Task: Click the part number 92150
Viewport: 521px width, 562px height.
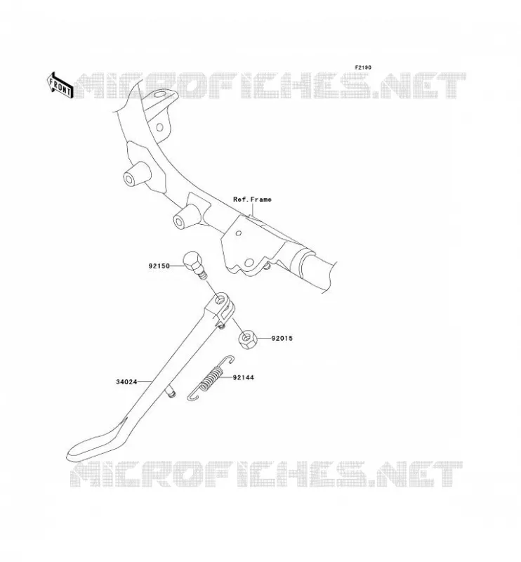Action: coord(159,266)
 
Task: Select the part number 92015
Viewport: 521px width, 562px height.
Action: coord(282,338)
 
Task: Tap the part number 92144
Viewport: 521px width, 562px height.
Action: coord(244,377)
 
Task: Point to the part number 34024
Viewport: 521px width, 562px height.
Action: coord(126,382)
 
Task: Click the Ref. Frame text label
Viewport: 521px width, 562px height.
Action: coord(252,200)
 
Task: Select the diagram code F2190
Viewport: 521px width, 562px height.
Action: coord(363,67)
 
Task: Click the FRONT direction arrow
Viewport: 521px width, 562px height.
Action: coord(60,85)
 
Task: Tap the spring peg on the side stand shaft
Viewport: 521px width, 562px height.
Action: coord(170,391)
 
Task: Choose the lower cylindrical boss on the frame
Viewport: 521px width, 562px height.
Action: coord(185,216)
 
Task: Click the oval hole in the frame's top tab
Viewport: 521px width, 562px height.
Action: coord(160,96)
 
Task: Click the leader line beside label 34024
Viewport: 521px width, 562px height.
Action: coord(145,382)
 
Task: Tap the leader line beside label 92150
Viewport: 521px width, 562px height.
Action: coord(178,266)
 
